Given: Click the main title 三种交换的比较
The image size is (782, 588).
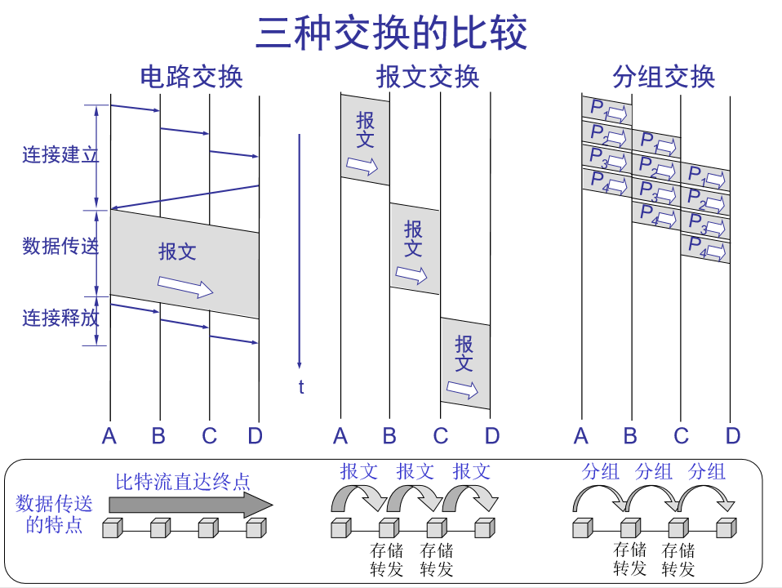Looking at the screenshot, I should point(391,33).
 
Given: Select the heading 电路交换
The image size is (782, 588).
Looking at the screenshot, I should point(191,77).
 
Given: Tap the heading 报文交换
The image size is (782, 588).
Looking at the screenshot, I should point(427,77).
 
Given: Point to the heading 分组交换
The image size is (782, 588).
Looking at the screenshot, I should point(663,77).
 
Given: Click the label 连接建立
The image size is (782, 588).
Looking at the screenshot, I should point(60,154).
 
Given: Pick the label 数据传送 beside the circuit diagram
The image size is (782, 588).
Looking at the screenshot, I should point(60,245).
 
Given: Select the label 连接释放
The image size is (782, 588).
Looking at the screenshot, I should point(60,318).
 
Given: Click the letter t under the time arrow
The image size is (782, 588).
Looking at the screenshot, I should point(301,387).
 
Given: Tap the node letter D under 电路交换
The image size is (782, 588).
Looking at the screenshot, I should point(255,436).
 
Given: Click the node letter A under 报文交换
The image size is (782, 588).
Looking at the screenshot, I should point(340,436).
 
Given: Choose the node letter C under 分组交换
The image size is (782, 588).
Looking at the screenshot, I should point(681,436).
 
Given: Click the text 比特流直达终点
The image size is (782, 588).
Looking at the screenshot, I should point(182,482).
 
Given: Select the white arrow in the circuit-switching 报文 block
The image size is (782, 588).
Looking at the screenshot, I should point(185,286).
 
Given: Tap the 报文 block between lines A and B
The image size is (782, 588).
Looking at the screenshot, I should point(365,139).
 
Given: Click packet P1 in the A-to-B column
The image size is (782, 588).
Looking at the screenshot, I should point(606,109).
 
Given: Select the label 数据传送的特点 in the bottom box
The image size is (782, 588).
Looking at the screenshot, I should point(55,514).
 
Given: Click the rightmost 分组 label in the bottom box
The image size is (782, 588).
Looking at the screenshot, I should point(707,472).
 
